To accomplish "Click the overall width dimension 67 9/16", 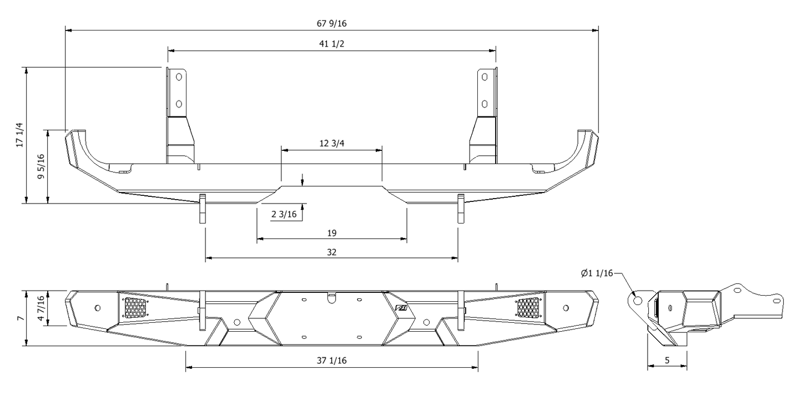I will coord(331,23).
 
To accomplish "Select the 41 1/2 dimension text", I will coord(331,44).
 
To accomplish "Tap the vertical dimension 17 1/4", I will coord(20,135).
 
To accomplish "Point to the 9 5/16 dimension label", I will coord(41,166).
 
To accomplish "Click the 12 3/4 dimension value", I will coord(331,143).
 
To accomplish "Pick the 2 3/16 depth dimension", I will coord(284,214).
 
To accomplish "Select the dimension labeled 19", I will coord(331,233).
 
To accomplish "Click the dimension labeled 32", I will coord(331,252).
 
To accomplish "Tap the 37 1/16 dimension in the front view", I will coord(331,361).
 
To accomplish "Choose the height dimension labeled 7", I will coord(20,318).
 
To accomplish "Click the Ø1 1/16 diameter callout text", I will coord(597,273).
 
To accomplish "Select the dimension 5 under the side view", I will coord(667,361).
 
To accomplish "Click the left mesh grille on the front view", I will coord(135,307).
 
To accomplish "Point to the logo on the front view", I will coord(401,310).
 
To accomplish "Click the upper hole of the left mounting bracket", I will coord(179,77).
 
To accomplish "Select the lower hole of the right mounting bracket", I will coord(485,103).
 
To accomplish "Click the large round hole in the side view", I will coord(637,300).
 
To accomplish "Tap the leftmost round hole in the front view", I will coord(98,308).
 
